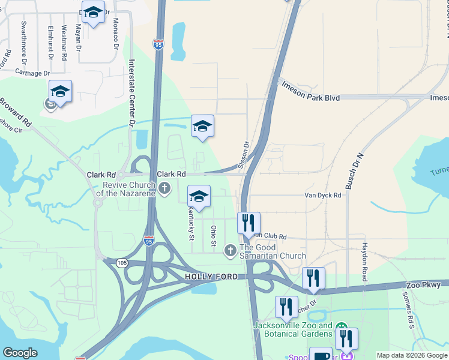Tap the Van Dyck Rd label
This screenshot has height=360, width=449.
(x=323, y=195)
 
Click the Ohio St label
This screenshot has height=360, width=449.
(x=213, y=236)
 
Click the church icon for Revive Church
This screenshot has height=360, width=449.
(x=165, y=190)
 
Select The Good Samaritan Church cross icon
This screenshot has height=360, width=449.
(x=230, y=250)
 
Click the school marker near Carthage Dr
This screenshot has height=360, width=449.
(x=60, y=91)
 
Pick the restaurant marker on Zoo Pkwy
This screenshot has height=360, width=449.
(x=313, y=278)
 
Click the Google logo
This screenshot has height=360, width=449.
(x=20, y=353)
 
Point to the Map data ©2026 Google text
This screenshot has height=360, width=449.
(x=411, y=355)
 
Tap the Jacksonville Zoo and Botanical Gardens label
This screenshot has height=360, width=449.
(x=293, y=329)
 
